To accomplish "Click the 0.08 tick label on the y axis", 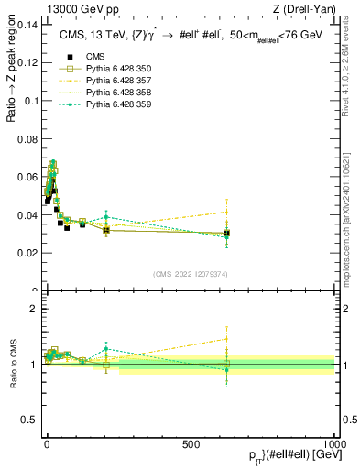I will [x=26, y=139].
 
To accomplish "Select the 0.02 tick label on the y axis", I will [x=26, y=253].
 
